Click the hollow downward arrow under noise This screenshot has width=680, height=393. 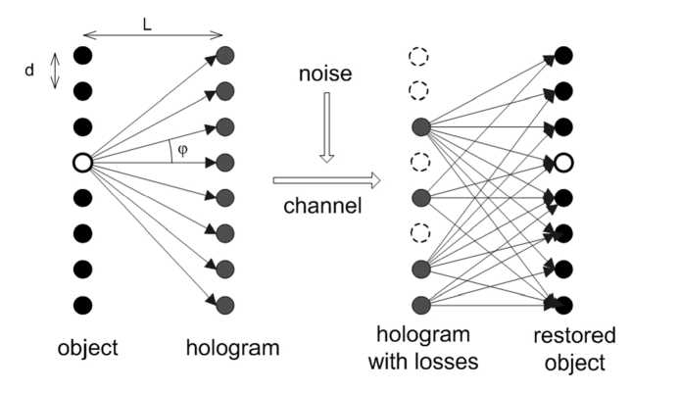click(327, 128)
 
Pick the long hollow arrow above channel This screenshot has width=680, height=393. click(325, 180)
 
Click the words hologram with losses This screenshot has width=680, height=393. click(422, 350)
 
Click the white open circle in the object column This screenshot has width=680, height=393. click(83, 162)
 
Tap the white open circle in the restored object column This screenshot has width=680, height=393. click(563, 162)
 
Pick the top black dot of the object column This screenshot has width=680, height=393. click(83, 57)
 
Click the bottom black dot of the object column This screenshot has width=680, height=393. click(83, 304)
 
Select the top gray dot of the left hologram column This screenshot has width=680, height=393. click(225, 57)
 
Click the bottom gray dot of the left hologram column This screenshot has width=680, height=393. click(225, 304)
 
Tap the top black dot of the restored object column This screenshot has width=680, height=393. click(563, 57)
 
